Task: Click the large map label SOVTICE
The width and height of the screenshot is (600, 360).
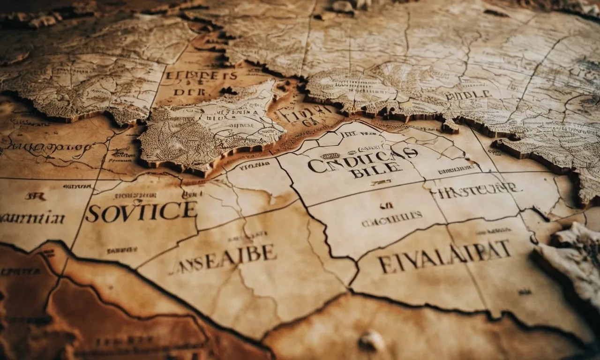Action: click(141, 211)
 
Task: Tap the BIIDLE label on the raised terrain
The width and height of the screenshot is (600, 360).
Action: click(468, 95)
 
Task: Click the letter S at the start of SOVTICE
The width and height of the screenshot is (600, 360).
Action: click(92, 213)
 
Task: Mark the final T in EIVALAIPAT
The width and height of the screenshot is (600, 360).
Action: click(505, 248)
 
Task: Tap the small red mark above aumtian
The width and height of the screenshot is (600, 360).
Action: click(35, 196)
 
